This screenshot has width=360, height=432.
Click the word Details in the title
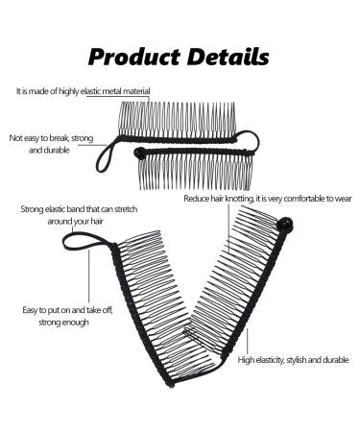pos(226,56)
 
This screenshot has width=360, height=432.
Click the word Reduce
pos(197,200)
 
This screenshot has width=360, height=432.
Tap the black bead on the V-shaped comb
pos(283,225)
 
